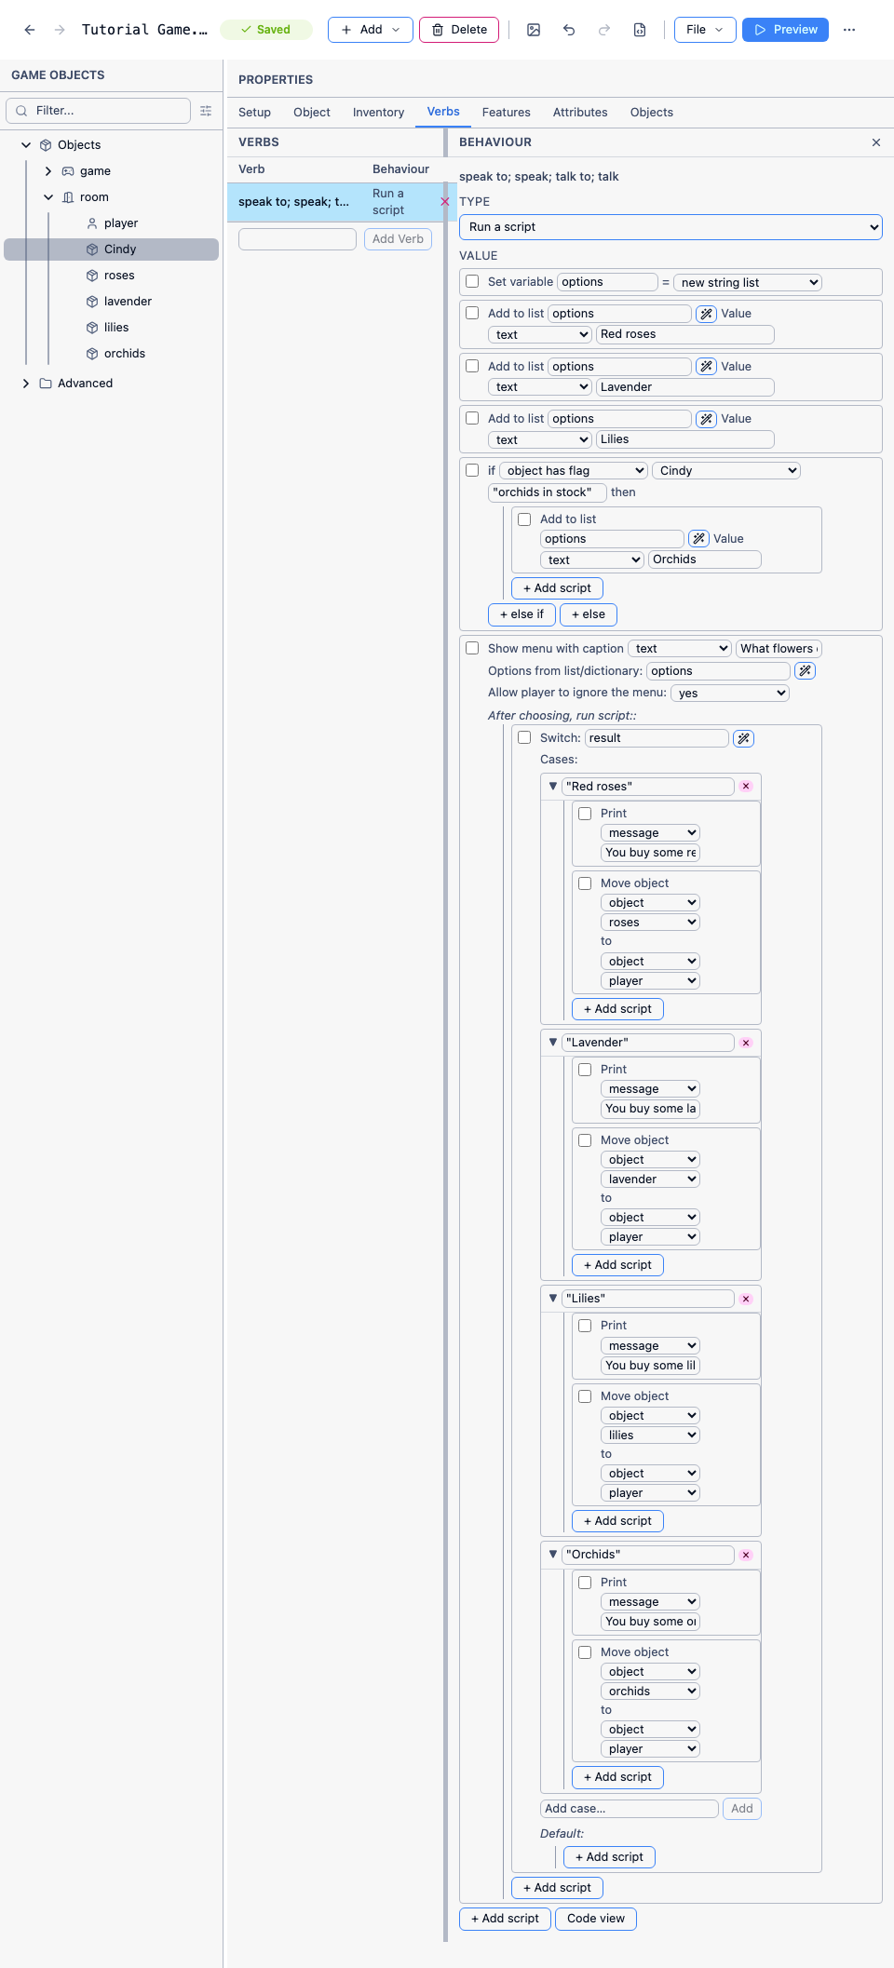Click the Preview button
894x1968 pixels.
(x=785, y=30)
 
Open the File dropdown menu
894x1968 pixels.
(x=705, y=30)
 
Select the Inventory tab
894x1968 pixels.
(x=378, y=113)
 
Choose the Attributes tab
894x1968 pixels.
(x=580, y=113)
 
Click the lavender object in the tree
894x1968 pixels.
(x=128, y=302)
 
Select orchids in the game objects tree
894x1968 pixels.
(x=125, y=354)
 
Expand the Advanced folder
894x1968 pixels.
(x=26, y=384)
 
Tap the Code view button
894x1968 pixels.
(x=596, y=1919)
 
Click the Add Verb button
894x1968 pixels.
(x=398, y=239)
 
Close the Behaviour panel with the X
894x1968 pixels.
(x=876, y=142)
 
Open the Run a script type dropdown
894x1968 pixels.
(x=670, y=227)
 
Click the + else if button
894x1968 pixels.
(x=521, y=614)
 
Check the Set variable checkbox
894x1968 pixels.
(x=472, y=281)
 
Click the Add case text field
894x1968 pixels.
(x=630, y=1809)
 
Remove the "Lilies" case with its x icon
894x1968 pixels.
(x=746, y=1299)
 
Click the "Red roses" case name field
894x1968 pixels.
(x=648, y=787)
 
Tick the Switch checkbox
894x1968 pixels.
(x=524, y=737)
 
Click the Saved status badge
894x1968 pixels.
(x=265, y=30)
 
